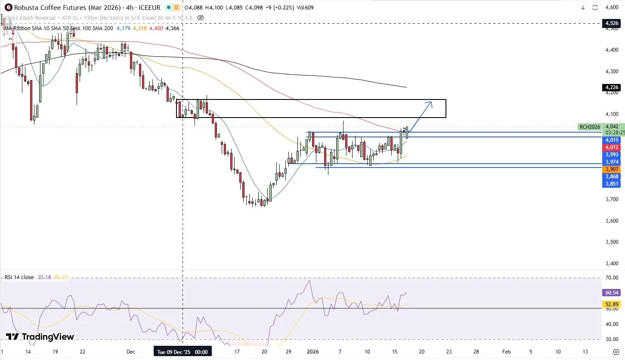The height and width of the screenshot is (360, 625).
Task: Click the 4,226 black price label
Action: click(x=612, y=87)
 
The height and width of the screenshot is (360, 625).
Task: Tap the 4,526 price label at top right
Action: click(x=612, y=24)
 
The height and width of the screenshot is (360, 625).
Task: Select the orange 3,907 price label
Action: click(x=612, y=169)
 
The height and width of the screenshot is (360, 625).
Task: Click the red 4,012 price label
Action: click(x=612, y=147)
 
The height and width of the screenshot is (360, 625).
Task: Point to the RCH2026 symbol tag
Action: click(x=590, y=127)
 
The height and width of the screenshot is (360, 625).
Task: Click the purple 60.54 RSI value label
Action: click(x=612, y=292)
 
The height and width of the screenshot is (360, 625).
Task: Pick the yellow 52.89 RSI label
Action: click(x=612, y=304)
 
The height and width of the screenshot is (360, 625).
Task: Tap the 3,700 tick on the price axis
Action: click(x=612, y=199)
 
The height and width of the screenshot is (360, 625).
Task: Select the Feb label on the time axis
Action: click(x=506, y=351)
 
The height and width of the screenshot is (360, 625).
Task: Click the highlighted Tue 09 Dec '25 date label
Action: click(x=183, y=352)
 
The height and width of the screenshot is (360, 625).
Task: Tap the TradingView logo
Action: click(x=40, y=337)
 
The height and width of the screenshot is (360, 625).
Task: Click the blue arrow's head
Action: click(x=431, y=102)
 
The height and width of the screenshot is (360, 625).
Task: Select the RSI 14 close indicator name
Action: click(x=19, y=277)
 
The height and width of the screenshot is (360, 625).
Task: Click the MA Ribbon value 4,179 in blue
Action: click(x=124, y=28)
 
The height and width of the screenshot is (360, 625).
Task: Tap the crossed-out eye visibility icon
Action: click(x=200, y=18)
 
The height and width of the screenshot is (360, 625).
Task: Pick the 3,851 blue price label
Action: click(x=612, y=184)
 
